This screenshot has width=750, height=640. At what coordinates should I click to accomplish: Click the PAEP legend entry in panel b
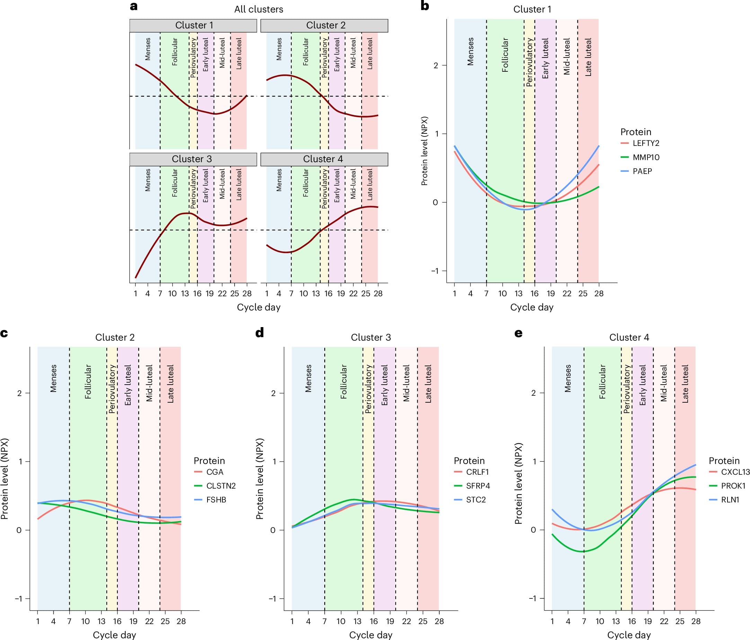point(642,171)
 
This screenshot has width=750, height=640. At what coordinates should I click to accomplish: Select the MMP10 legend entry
point(646,157)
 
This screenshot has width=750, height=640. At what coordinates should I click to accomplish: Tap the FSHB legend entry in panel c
point(216,500)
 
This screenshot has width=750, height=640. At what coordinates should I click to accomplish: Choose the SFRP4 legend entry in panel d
point(477,486)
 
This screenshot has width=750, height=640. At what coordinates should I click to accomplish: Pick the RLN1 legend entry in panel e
point(730,500)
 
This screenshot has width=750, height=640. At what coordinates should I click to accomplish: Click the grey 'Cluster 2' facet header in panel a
point(324,25)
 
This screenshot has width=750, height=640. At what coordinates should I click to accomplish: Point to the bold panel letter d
point(259,333)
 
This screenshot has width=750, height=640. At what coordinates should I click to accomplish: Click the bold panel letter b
point(425,6)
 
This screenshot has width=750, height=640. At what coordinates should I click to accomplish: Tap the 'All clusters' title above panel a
point(258,9)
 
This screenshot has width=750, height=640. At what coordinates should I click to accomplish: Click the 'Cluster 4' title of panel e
point(629,337)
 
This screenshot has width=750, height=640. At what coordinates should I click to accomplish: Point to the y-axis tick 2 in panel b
point(436,65)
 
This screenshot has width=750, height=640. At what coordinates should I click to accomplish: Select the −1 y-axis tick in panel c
point(18,598)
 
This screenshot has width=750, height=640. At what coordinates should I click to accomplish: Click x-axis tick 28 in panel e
point(695,622)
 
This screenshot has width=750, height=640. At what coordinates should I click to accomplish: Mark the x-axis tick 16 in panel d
point(373,622)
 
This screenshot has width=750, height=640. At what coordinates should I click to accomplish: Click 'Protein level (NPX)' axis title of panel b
point(425,151)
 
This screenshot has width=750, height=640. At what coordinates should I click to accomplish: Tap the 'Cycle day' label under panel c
point(114,635)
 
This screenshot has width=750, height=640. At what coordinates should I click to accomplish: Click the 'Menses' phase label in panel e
point(567,378)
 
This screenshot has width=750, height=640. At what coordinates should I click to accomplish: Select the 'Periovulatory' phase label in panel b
point(529,62)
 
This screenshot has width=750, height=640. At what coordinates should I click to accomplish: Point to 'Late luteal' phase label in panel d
point(428,384)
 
